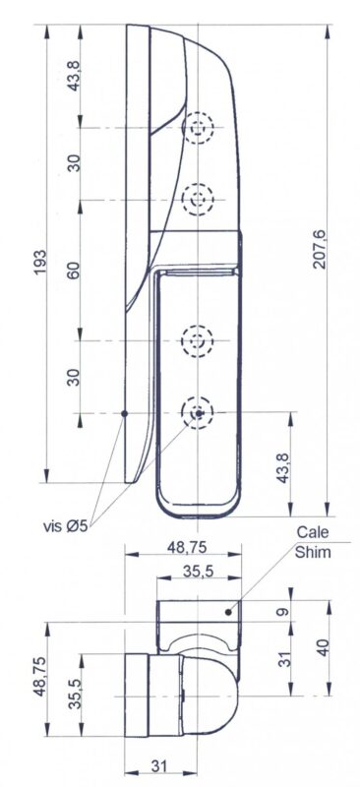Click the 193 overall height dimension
click(x=39, y=261)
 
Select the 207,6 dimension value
click(x=320, y=250)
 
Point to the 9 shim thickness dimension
click(x=283, y=611)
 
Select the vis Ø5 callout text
click(x=65, y=526)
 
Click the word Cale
click(x=313, y=532)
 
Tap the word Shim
click(x=313, y=553)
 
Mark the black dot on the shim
click(x=228, y=612)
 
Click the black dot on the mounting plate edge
click(x=125, y=413)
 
